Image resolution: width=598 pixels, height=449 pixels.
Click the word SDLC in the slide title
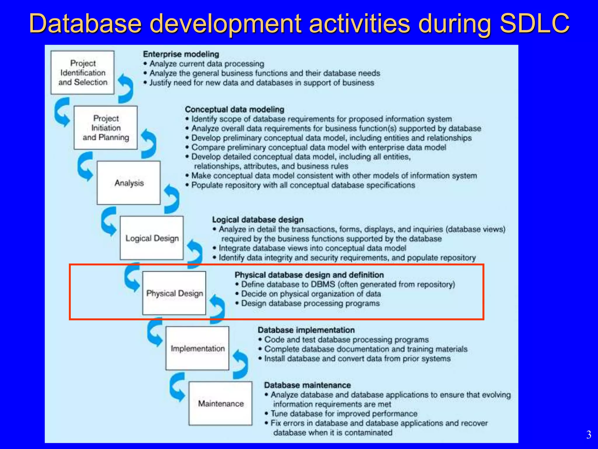(534, 23)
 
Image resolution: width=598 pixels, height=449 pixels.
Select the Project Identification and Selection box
(83, 72)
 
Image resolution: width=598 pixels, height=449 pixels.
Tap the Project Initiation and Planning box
(106, 128)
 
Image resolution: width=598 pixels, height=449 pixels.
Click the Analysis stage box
(129, 183)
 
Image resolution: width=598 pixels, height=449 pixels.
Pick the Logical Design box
(152, 238)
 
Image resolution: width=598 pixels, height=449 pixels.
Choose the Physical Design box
(174, 293)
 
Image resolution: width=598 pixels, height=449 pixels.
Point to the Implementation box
(197, 348)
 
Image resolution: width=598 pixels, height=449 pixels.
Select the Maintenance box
(220, 403)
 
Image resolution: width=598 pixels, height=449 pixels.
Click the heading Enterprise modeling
(181, 54)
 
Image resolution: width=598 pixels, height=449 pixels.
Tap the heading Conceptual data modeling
(234, 109)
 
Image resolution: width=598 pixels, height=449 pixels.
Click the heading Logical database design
(258, 220)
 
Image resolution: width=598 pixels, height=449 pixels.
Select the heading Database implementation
(306, 330)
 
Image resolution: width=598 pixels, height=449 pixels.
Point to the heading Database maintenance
(307, 385)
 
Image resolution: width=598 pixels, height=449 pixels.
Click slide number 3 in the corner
(589, 435)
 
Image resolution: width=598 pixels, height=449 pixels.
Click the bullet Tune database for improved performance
(344, 414)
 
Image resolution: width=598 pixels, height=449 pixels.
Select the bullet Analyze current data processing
(207, 64)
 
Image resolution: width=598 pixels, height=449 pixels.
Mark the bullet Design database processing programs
(310, 303)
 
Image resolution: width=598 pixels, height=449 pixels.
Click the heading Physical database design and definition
(309, 275)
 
